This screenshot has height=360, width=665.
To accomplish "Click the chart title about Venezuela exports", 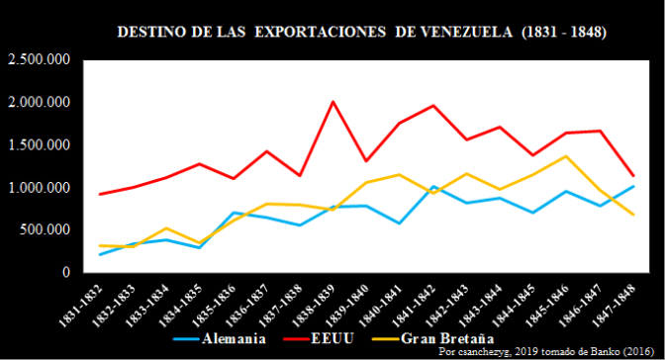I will (362, 32).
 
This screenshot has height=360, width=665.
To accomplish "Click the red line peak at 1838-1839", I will (332, 102).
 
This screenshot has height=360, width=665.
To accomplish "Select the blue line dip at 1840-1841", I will (400, 224).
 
